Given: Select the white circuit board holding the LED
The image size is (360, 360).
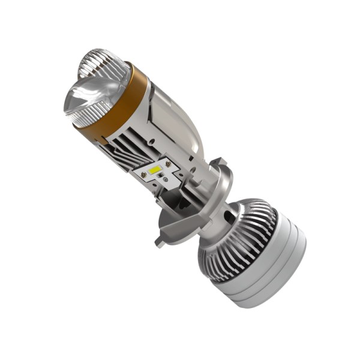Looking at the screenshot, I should point(157,174).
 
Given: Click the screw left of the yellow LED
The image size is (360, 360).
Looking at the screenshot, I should point(144,175).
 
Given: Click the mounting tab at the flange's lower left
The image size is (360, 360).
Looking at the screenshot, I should point(161,241).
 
